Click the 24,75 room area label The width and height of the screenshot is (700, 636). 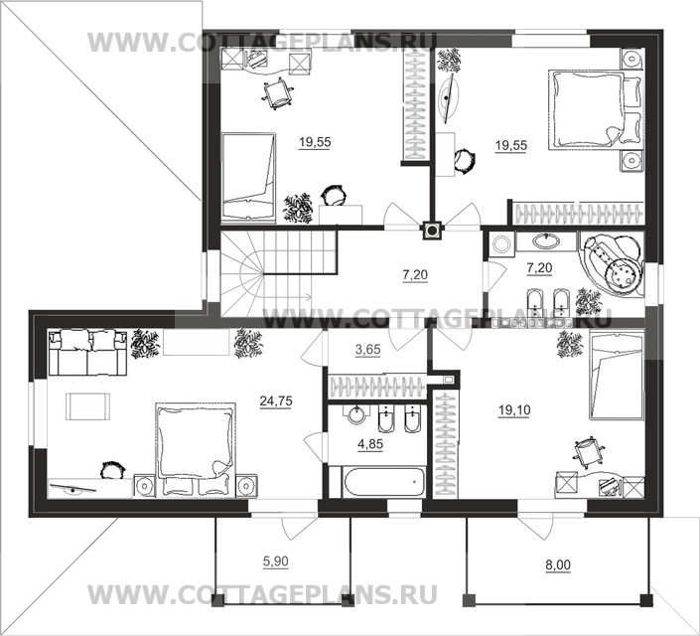tap(276, 400)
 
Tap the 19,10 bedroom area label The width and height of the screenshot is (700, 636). tap(514, 409)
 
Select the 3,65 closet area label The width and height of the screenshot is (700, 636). tap(367, 349)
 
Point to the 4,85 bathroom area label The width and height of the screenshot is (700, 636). tap(370, 444)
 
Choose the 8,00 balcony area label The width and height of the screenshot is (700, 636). tap(558, 565)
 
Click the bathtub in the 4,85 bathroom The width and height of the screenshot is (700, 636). tap(384, 481)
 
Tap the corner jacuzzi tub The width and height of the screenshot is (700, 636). tap(612, 263)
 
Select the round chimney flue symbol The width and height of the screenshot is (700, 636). tap(432, 231)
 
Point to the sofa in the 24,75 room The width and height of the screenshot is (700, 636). tap(88, 352)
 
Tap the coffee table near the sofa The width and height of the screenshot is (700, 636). tap(87, 406)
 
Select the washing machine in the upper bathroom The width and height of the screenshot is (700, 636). tap(501, 244)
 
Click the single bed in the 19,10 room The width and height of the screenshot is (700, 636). tap(617, 375)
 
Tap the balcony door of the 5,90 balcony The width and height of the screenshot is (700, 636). tap(301, 528)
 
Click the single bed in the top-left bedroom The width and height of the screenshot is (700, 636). tap(248, 177)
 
